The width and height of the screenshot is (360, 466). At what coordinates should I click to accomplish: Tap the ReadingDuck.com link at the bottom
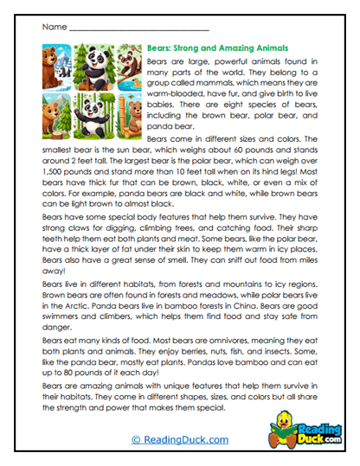(x=180, y=441)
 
